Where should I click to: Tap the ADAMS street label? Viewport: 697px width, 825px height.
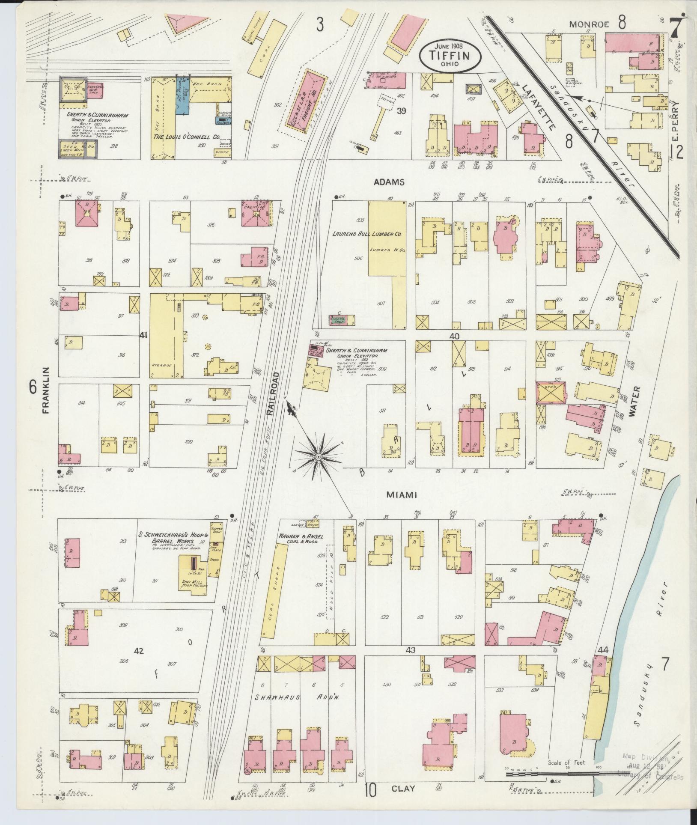tap(389, 182)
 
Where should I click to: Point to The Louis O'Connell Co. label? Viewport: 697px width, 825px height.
tap(186, 137)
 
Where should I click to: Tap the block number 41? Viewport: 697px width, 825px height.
tap(143, 336)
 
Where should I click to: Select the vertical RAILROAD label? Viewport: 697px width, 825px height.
tap(274, 394)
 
